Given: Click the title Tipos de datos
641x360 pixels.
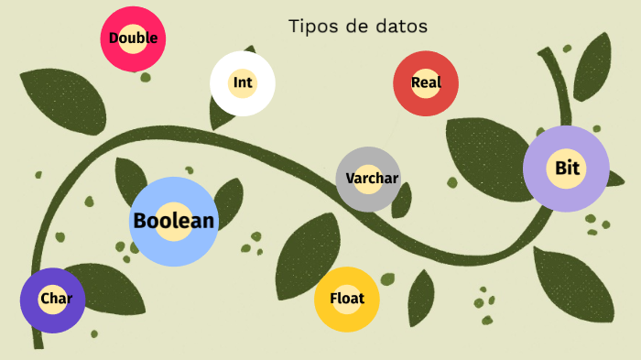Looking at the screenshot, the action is click(x=357, y=26).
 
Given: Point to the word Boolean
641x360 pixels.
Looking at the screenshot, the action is click(x=174, y=221).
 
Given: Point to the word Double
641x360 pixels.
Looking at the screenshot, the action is click(x=133, y=38).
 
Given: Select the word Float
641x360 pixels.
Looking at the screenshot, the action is click(x=347, y=299).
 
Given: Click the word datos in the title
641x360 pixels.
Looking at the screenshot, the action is click(x=400, y=26).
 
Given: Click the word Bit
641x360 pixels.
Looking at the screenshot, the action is click(x=567, y=169).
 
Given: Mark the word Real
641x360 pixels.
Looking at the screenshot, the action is click(x=426, y=82).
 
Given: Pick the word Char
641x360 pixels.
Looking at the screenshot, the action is click(x=52, y=299).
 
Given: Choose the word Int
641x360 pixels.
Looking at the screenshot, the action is click(x=243, y=82).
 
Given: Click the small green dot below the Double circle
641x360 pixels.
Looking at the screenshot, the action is click(x=145, y=78).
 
